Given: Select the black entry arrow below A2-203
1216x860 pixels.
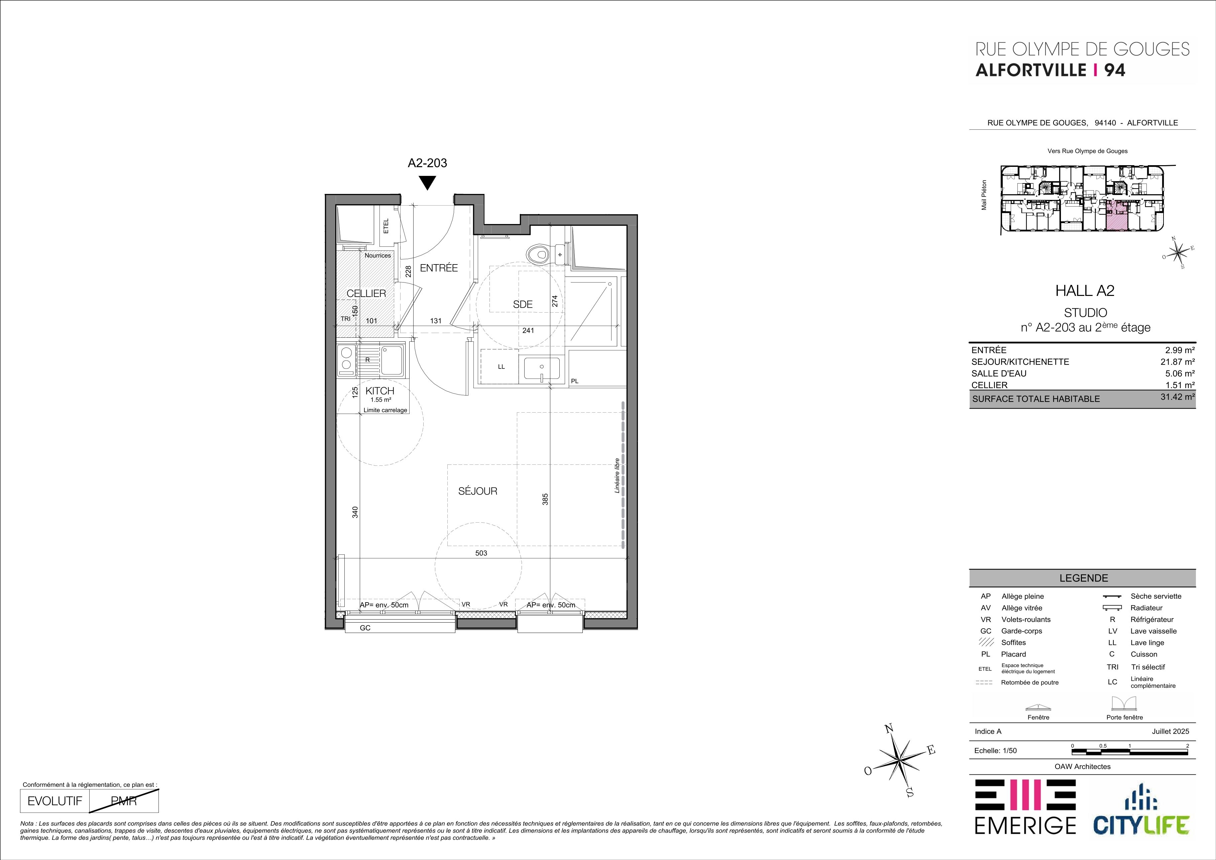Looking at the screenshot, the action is coord(427,183).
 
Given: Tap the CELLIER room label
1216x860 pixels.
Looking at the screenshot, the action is coord(366,293).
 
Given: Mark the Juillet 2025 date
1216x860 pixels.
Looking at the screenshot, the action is coord(1171,731).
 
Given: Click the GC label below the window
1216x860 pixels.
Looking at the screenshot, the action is coord(365,628).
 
